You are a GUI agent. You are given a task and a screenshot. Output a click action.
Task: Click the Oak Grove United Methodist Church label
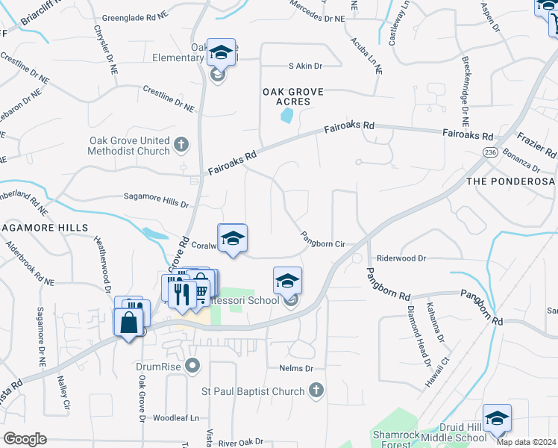coord(130,146)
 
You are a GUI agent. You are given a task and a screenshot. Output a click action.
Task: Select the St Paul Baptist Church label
coord(253,391)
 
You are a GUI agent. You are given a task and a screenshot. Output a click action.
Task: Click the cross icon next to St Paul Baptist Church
coord(316,390)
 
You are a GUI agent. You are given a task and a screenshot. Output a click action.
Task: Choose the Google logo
coord(25,439)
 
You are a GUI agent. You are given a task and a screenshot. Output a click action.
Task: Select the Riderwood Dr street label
coord(401,258)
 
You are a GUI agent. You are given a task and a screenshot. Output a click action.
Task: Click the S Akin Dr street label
coord(305,66)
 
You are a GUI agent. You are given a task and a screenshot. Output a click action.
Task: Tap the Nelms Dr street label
coord(295,369)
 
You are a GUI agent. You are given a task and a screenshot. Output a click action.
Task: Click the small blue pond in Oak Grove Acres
coord(286,116)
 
